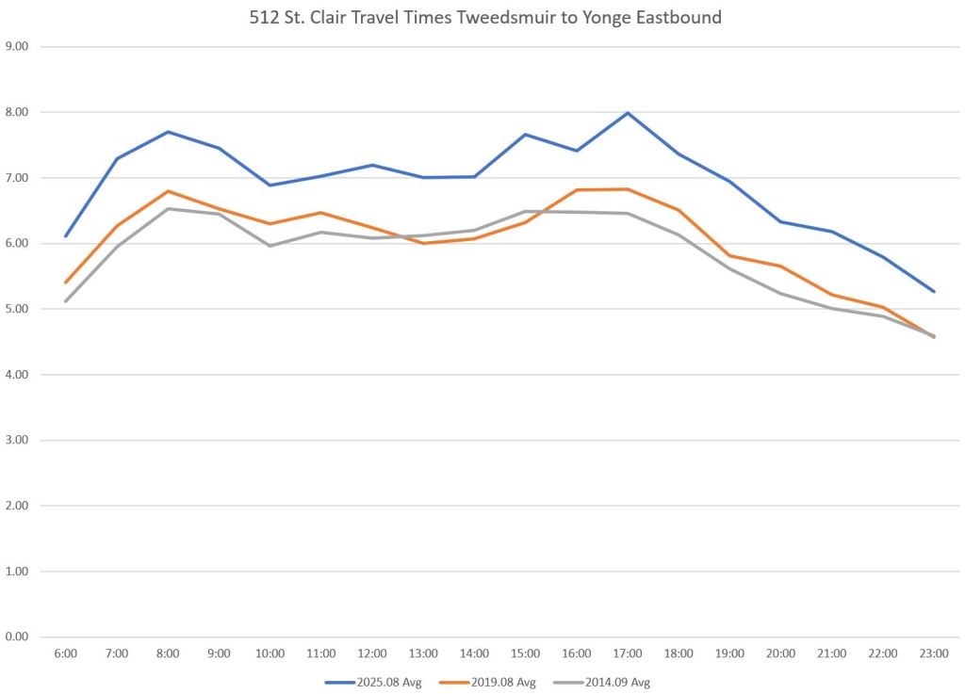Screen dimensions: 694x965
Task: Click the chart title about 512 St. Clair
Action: (482, 18)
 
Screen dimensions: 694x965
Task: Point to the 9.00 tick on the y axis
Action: (17, 46)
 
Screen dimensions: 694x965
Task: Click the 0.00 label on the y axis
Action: (17, 638)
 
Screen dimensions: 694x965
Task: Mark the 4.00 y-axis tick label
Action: (17, 375)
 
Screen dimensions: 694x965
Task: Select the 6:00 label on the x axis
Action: (65, 652)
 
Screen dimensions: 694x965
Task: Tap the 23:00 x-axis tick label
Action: (933, 652)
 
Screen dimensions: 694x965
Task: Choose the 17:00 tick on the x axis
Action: (627, 652)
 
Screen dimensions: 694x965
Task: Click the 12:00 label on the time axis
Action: (371, 652)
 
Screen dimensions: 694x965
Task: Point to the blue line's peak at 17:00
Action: (628, 113)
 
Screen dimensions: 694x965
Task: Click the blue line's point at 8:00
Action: (168, 132)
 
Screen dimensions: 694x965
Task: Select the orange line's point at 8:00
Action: (168, 191)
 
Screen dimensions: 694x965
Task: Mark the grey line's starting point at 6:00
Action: (65, 301)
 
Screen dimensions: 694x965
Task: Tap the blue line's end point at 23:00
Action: (933, 292)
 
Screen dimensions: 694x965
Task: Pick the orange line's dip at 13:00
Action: (423, 243)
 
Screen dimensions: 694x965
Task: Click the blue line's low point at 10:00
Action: (270, 185)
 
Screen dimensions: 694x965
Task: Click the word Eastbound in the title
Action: (679, 18)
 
